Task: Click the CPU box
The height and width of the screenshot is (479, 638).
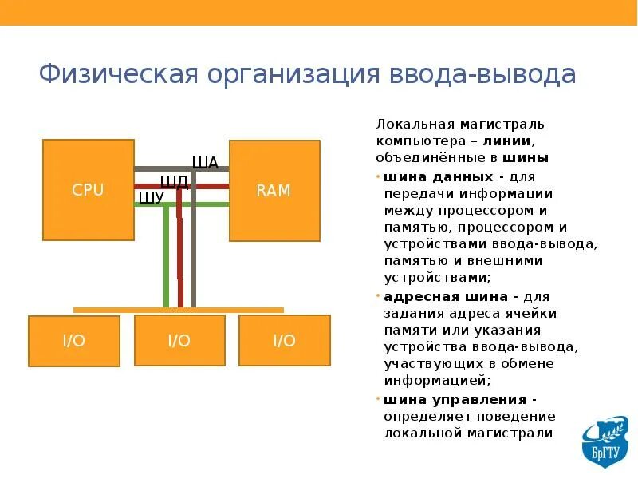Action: pos(88,190)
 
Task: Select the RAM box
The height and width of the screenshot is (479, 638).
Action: pos(274,191)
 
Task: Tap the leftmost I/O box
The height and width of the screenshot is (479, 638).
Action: pos(73,341)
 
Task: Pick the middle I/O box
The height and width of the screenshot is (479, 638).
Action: pos(179,340)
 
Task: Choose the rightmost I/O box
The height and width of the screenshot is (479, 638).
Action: pos(284,340)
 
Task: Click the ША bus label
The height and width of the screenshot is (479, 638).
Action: pos(205,164)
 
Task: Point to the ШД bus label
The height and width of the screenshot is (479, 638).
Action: pos(175,181)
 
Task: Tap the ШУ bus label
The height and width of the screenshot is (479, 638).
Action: pos(151,198)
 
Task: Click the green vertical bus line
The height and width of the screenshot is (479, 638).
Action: pos(166,255)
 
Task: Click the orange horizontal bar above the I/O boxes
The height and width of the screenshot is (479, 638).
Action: pos(179,310)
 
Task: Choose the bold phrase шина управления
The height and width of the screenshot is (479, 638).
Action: pos(455,399)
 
